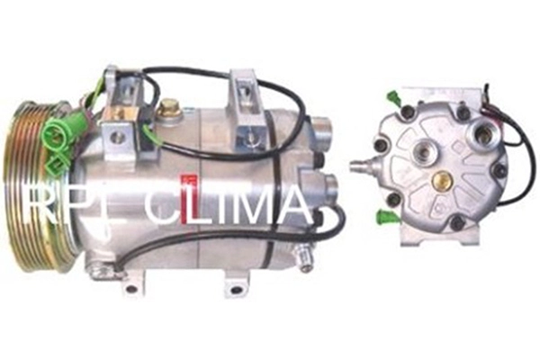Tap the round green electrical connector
click(53, 131)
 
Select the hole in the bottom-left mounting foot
click(131, 279)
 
